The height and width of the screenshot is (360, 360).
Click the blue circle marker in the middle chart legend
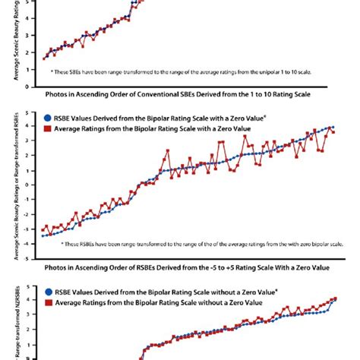coord(48,119)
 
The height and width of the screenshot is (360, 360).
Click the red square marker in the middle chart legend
coord(48,128)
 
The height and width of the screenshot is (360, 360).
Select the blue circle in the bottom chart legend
coord(48,292)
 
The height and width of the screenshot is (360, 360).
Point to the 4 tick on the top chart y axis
coord(29,18)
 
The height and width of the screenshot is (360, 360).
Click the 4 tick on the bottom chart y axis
coord(28,299)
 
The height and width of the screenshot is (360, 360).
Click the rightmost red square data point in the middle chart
coord(333,132)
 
